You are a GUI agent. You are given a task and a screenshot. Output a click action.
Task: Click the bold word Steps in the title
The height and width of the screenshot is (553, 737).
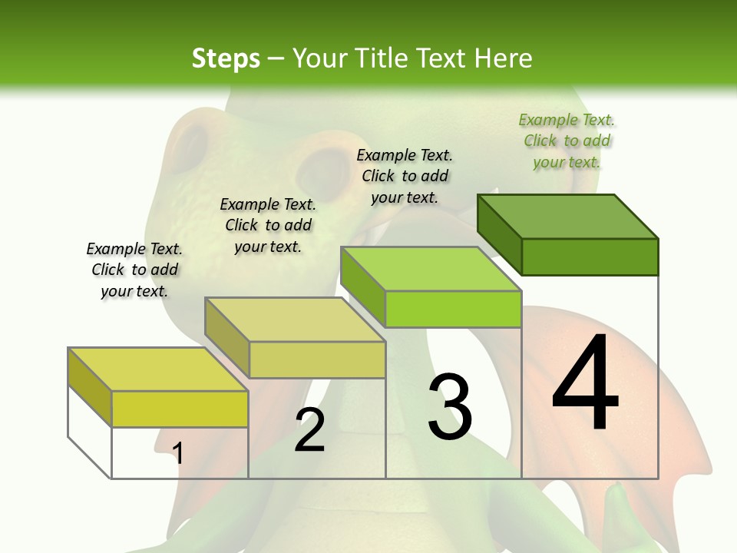[226, 58]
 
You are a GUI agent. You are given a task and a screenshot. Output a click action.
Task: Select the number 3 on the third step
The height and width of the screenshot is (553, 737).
[450, 406]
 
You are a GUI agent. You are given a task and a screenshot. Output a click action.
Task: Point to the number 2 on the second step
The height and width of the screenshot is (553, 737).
[309, 430]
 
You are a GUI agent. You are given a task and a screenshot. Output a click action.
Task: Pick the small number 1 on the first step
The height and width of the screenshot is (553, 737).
[178, 453]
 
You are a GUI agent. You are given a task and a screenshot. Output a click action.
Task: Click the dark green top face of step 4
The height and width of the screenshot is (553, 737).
[568, 216]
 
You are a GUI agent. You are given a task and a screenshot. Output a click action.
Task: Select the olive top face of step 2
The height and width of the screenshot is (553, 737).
[295, 319]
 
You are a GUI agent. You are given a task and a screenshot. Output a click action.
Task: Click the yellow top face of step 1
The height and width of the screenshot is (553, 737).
[158, 369]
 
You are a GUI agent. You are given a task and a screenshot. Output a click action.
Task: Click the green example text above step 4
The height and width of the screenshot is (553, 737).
[567, 141]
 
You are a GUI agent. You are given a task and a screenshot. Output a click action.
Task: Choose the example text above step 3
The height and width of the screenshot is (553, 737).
[405, 176]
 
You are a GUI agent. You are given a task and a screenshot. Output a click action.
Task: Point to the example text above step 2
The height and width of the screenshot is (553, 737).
[268, 225]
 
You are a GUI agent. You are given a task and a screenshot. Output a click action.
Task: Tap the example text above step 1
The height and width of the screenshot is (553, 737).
[134, 270]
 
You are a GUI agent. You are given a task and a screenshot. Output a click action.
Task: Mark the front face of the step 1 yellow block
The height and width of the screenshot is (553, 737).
[180, 409]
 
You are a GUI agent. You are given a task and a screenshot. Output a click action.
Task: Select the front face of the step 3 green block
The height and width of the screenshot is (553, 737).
[453, 309]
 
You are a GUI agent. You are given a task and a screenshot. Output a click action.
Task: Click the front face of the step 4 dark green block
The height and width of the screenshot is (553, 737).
[590, 257]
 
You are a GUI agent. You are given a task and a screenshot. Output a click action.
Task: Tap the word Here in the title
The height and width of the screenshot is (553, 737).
[504, 58]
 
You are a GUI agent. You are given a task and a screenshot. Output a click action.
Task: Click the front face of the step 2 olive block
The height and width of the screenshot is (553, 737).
[317, 359]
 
